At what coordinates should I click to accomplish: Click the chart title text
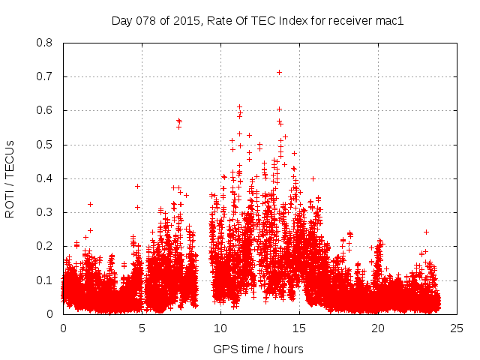coord(257,21)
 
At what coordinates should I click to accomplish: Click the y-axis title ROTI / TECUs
coord(10,178)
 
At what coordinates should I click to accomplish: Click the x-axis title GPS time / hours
coord(257,349)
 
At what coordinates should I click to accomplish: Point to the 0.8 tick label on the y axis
coord(45,43)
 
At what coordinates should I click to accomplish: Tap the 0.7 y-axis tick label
coord(45,76)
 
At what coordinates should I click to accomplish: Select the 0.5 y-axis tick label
coord(45,145)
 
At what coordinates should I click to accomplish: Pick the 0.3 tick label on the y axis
coord(45,212)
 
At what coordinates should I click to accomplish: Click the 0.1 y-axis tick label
coord(45,280)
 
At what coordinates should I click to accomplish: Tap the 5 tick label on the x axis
coord(142,328)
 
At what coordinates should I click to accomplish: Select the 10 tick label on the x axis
coord(220,328)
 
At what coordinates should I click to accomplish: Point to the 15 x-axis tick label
coord(299,328)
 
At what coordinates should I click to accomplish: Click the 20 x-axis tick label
coord(378,328)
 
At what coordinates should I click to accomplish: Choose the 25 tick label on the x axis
coord(457,328)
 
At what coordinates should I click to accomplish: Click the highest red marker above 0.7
coord(280,72)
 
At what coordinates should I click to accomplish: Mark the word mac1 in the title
coord(390,21)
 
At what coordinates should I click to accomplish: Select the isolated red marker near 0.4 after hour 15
coord(313,178)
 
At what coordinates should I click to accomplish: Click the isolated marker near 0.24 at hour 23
coord(426,232)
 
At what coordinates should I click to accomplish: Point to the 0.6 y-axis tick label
coord(45,110)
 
